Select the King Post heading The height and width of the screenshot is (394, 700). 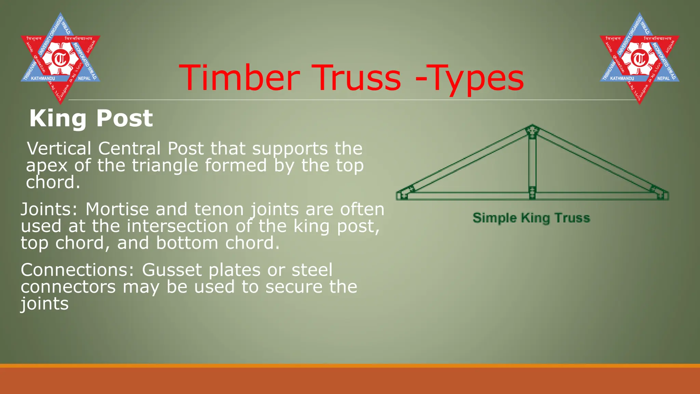pos(91,118)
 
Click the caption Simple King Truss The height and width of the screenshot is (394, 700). pos(531,218)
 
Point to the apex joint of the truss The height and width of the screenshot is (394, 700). pos(532,131)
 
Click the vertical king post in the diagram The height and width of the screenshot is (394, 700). pos(532,161)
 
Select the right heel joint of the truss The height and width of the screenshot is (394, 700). pos(659,193)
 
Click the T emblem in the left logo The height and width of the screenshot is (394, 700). pos(60,58)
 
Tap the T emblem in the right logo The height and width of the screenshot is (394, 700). pos(640,58)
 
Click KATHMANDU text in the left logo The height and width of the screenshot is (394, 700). pos(43,79)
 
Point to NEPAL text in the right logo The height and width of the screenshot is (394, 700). pos(663,79)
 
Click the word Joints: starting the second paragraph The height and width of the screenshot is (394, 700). pos(49,209)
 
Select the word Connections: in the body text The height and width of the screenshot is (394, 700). pos(77,270)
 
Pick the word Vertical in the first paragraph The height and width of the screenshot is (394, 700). pos(59,148)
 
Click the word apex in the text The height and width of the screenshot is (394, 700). pos(47,166)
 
